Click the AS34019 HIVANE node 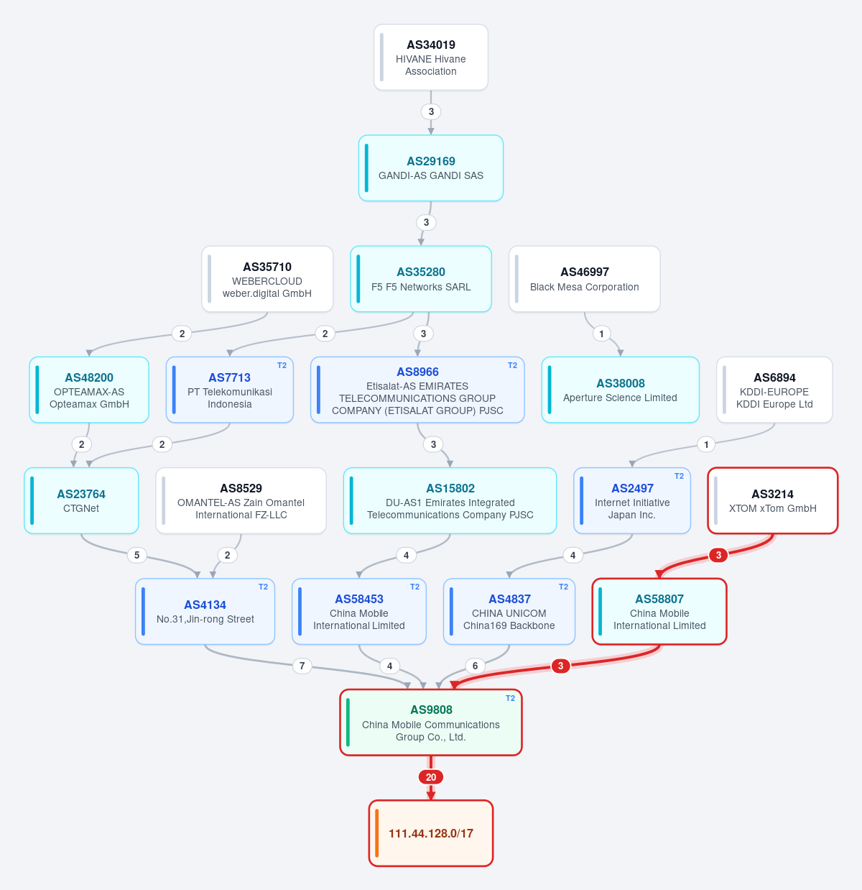point(430,58)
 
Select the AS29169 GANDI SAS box point(430,168)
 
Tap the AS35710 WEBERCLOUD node point(267,279)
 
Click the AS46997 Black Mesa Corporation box point(584,279)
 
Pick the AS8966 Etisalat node point(417,390)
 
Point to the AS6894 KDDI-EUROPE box point(774,390)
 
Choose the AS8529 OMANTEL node point(241,500)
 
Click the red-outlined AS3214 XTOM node point(772,500)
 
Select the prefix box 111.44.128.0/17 point(430,832)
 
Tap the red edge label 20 point(430,777)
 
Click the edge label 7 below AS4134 point(302,666)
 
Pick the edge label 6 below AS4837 point(475,666)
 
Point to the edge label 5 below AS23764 point(136,555)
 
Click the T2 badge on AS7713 point(282,365)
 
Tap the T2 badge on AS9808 point(510,698)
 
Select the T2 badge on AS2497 point(679,476)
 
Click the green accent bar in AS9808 point(348,722)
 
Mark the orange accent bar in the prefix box point(376,832)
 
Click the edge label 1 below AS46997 point(601,334)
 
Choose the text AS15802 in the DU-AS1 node point(450,488)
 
